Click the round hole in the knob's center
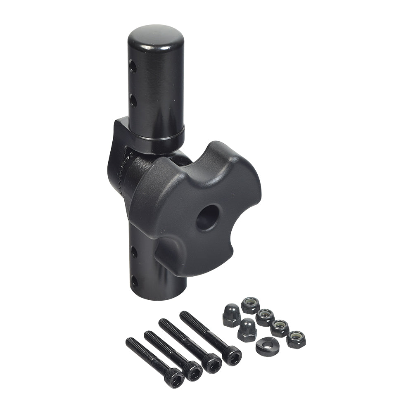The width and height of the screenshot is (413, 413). pos(208,218)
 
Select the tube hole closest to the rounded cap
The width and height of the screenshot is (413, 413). pos(132,66)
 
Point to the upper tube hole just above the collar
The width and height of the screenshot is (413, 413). pos(133,100)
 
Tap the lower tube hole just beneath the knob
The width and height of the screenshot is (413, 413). pos(134,252)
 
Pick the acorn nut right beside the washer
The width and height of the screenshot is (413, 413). pos(247,330)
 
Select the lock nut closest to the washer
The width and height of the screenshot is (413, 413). pos(296,339)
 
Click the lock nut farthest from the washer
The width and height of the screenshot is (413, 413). pos(250,305)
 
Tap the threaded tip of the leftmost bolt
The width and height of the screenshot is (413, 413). pos(130,342)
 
